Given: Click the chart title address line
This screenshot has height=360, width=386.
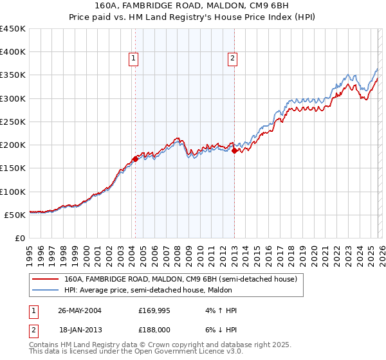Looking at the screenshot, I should [x=192, y=6].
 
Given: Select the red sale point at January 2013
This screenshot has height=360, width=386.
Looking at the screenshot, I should [x=234, y=150].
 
